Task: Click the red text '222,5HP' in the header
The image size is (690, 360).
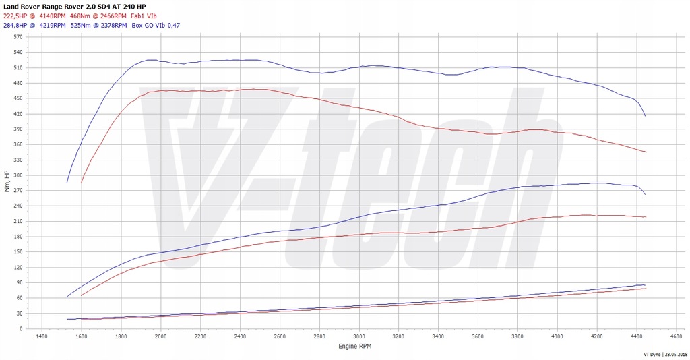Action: tap(17, 16)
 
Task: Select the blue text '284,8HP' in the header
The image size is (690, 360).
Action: tap(17, 25)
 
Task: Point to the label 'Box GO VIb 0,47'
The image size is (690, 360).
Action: tap(156, 25)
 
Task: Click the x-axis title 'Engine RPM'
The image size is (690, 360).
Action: tap(354, 345)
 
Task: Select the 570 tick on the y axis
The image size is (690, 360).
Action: tap(18, 37)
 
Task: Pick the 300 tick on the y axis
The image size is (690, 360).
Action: tap(18, 175)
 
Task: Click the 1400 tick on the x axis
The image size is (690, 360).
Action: tap(42, 336)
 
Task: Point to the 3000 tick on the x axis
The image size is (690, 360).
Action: tap(358, 336)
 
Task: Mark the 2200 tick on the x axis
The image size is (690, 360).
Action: tap(200, 336)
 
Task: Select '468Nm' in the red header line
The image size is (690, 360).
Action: tap(80, 16)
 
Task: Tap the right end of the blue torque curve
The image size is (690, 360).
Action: tap(645, 116)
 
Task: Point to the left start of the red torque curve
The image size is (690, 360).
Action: tap(82, 183)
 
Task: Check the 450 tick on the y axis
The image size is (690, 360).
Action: tap(18, 98)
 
